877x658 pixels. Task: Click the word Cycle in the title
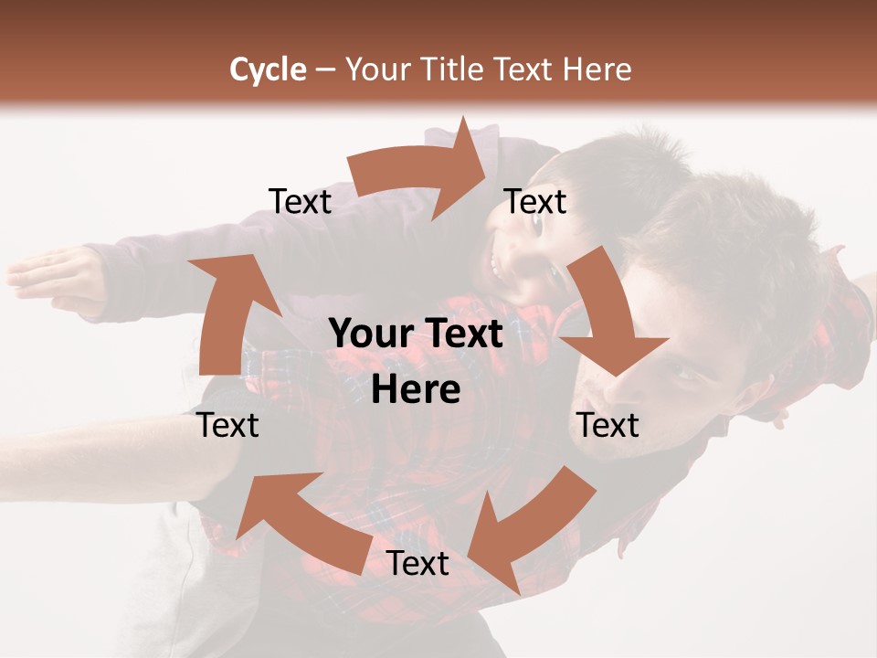tap(268, 69)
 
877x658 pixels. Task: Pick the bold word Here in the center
tap(416, 390)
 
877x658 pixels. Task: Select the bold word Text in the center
tap(466, 334)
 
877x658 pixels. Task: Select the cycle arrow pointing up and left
tap(292, 521)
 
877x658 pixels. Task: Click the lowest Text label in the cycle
tap(417, 564)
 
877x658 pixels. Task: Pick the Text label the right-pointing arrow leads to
tap(535, 201)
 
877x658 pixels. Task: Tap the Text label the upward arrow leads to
tap(300, 201)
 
